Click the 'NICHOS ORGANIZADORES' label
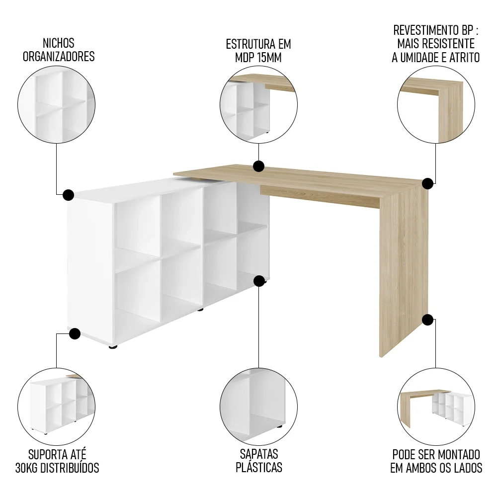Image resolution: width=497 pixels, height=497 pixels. pos(58,50)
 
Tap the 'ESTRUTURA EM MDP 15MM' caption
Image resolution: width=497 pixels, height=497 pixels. pos(258,50)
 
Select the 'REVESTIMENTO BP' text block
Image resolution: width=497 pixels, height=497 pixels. pos(435,44)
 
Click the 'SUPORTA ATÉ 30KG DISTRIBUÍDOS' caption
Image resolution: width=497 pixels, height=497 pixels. pos(57,461)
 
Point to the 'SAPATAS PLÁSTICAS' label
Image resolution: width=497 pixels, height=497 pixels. pos(258,461)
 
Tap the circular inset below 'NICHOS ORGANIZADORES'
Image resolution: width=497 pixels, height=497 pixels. pos(56,105)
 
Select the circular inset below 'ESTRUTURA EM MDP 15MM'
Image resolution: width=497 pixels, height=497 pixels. pos(258,105)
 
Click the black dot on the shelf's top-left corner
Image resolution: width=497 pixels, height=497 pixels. pos(69,194)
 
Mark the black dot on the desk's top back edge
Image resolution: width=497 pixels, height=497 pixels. pos(258,166)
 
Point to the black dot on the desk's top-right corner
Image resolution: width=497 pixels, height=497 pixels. pos(427,183)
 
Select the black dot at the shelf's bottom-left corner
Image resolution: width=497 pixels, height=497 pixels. pos(75,333)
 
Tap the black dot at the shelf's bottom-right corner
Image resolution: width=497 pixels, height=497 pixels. pos(258,281)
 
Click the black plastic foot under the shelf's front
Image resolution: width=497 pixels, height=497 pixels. pos(113,347)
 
